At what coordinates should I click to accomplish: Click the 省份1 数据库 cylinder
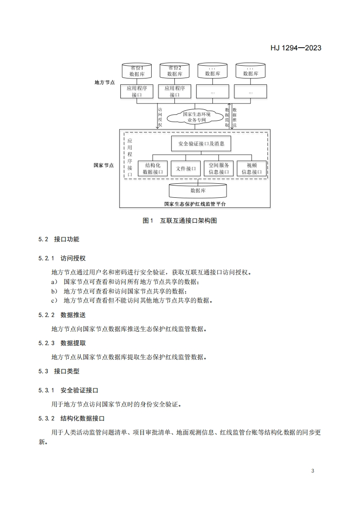point(137,71)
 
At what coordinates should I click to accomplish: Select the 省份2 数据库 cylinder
point(175,71)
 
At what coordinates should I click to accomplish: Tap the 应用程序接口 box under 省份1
point(137,92)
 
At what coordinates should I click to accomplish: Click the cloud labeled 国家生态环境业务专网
point(197,117)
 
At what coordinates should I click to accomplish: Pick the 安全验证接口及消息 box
point(201,143)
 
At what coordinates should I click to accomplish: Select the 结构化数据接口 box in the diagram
point(152,169)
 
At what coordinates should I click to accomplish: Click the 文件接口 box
point(185,169)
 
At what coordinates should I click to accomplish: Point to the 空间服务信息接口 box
point(218,169)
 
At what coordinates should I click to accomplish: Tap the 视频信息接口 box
point(252,169)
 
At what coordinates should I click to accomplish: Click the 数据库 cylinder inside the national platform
point(198,191)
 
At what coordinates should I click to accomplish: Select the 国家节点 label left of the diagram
point(104,166)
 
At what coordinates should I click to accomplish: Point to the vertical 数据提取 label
point(227,117)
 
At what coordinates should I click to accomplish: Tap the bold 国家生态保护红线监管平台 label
point(195,204)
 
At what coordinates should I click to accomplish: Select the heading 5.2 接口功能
point(59,239)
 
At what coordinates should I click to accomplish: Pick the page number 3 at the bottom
point(313,470)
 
